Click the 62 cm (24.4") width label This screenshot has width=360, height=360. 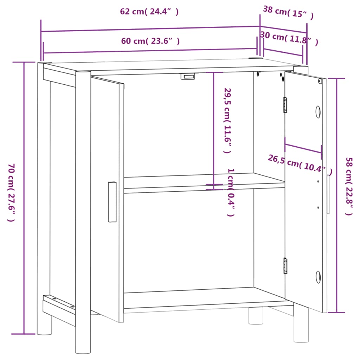(x=149, y=12)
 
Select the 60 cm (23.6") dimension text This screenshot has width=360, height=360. (x=150, y=41)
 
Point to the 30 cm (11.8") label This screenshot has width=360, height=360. (x=289, y=38)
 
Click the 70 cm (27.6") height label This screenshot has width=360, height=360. (x=11, y=193)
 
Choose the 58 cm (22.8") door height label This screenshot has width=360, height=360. (x=349, y=186)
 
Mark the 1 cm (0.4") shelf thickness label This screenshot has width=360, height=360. (x=231, y=192)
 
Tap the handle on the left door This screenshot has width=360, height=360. (x=112, y=202)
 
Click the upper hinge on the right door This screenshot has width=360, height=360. (x=285, y=105)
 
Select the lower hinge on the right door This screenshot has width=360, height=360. (x=285, y=265)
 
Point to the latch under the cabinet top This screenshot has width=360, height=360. (x=188, y=76)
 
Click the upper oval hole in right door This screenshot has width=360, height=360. (x=318, y=112)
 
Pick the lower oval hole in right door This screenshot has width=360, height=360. (x=318, y=277)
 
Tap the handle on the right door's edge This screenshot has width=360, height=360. (x=328, y=194)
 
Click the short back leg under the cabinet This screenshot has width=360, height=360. (x=256, y=315)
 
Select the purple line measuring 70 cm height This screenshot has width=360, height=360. (x=24, y=197)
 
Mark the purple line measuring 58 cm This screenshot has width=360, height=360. (x=337, y=195)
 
